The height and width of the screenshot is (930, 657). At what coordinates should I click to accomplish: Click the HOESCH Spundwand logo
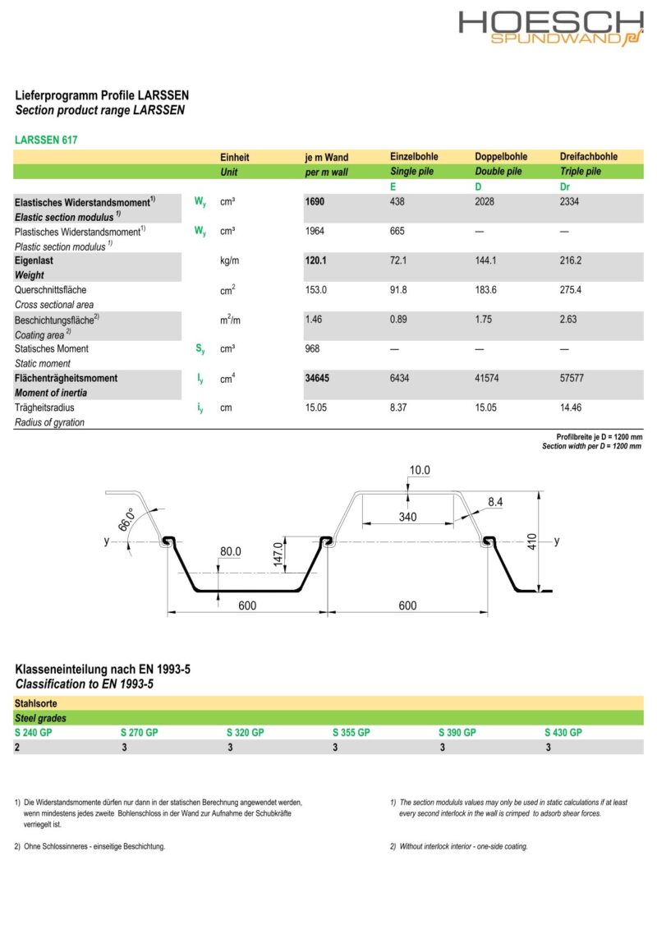550,27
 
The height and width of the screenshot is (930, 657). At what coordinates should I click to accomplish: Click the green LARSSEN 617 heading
46,140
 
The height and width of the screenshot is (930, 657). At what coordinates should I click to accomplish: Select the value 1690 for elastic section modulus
315,201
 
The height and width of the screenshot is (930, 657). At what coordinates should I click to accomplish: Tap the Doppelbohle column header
501,157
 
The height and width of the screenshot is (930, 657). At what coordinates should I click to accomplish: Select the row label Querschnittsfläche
50,290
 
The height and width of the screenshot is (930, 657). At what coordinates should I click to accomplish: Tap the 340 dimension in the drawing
407,517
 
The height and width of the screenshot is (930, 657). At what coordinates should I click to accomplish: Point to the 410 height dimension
531,541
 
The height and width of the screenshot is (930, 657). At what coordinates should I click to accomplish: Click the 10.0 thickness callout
420,471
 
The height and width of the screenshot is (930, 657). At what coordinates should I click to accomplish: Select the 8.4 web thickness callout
495,500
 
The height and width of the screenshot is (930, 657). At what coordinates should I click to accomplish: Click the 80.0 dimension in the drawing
232,552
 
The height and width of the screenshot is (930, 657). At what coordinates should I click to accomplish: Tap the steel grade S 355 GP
351,732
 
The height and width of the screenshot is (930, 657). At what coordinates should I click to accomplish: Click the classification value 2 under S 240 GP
17,748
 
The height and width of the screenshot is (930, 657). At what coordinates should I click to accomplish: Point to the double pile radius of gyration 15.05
487,408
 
